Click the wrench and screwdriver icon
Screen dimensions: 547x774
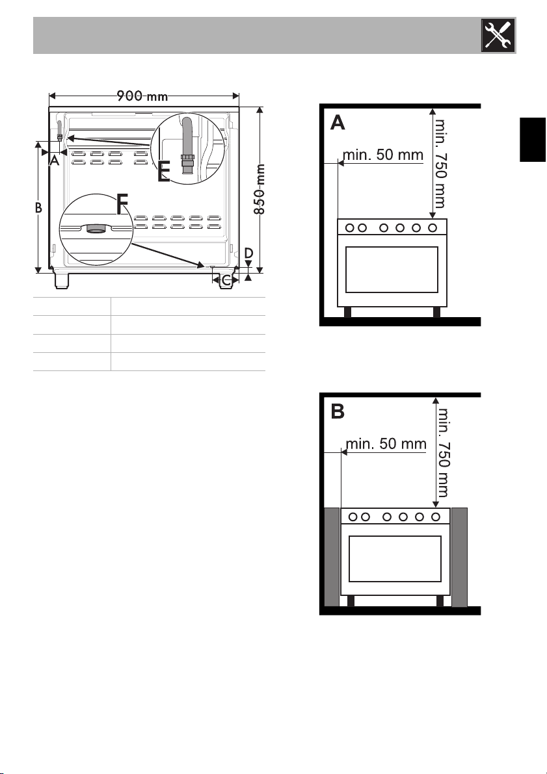498,35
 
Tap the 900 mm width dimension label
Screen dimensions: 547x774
142,96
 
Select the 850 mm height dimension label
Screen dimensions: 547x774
260,189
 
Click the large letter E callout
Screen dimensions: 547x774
164,172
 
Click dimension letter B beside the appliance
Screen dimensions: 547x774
38,208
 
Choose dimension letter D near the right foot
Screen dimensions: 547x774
248,253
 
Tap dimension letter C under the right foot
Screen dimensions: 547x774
226,281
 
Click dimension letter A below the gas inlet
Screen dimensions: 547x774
55,161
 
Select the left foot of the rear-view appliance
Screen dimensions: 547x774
62,280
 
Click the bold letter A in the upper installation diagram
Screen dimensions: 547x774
338,122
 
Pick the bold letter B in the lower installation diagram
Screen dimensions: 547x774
338,411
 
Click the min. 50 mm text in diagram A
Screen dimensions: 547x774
383,155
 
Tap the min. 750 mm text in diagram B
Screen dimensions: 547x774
443,452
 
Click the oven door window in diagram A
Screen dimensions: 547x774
392,270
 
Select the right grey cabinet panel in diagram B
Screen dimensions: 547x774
460,558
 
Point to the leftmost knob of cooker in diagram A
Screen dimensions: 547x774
350,227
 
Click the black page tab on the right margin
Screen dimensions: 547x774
533,139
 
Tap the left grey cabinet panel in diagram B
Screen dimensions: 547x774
332,558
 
